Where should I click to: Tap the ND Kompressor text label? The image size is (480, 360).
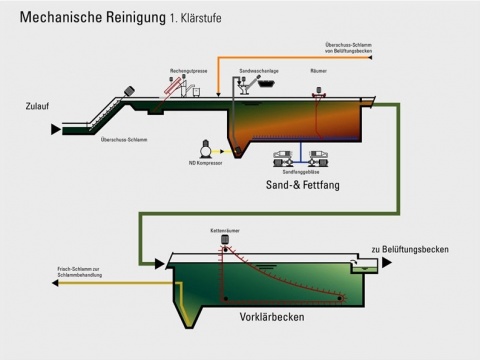pos(205,162)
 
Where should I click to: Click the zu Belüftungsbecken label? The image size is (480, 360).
pos(409,249)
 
